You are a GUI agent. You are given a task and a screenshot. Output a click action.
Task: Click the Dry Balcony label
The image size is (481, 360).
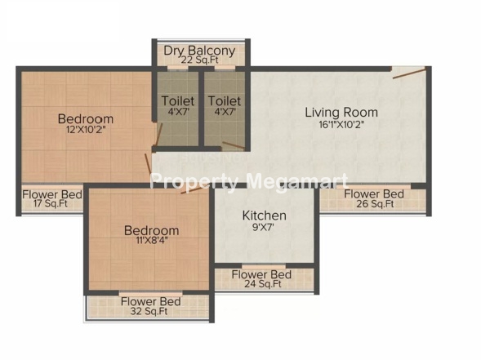[x=199, y=51]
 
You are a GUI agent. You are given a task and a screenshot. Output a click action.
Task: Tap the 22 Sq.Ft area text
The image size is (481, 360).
[x=200, y=60]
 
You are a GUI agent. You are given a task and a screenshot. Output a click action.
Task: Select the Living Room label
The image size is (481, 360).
[x=341, y=112]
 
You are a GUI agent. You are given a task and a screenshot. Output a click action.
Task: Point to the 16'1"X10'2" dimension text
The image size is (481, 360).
[x=341, y=125]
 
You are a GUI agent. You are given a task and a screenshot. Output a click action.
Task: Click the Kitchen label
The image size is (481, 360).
[x=264, y=216]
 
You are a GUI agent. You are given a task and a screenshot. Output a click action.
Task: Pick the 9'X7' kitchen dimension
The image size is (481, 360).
[x=263, y=227]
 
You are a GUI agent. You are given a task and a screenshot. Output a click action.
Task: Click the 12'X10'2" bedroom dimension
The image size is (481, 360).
[x=86, y=130]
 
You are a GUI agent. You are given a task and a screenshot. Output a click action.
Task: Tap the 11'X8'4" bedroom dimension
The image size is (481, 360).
[x=152, y=240]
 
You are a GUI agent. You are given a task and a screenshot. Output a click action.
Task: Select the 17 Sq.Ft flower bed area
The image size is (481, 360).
[x=51, y=203]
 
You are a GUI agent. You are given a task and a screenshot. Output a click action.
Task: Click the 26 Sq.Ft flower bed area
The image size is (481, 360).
[x=375, y=203]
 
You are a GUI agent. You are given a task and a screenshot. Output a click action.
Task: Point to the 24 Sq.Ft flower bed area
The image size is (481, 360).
[x=263, y=283]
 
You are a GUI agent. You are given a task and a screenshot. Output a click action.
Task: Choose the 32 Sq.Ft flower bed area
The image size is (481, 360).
[x=149, y=311]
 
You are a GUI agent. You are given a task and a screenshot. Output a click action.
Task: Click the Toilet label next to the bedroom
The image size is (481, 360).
[x=178, y=101]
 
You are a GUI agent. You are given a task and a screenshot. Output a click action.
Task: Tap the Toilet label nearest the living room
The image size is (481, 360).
[x=225, y=101]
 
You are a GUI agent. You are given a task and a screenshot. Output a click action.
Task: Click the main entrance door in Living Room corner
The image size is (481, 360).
[x=409, y=73]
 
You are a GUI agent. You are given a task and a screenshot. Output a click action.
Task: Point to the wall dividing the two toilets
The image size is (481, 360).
[x=201, y=109]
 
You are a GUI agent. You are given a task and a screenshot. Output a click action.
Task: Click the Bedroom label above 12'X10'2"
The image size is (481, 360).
[x=86, y=118]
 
